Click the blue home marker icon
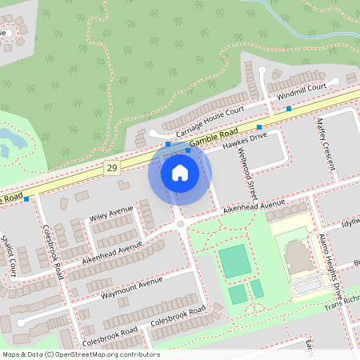(180, 173)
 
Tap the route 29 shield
(111, 168)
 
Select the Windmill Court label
(302, 91)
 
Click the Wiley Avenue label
(111, 214)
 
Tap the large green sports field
(234, 262)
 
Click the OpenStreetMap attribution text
(80, 354)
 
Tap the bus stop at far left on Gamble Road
(26, 198)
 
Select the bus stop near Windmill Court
(289, 108)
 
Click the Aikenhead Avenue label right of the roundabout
(254, 207)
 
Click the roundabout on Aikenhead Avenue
(181, 226)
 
